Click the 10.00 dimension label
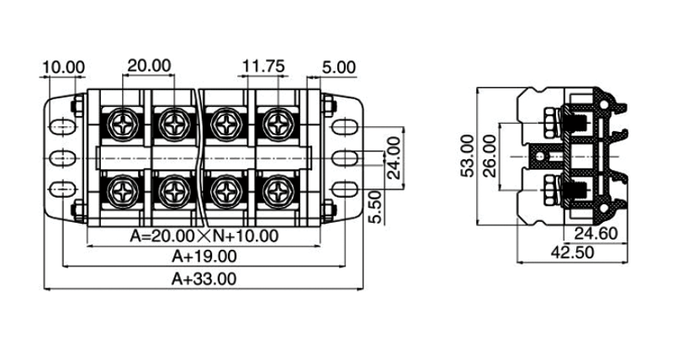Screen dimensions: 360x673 tap(63, 66)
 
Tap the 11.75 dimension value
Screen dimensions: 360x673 tap(263, 66)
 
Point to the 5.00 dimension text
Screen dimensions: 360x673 tap(338, 66)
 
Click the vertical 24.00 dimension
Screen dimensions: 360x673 tap(393, 157)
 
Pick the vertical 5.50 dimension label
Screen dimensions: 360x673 tap(376, 206)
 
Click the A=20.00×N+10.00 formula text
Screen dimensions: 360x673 tap(204, 236)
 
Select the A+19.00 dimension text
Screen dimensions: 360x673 tap(204, 257)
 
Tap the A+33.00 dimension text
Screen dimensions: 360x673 tap(204, 278)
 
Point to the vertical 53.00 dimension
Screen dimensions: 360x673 tap(469, 156)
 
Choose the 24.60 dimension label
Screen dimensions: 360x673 tap(596, 234)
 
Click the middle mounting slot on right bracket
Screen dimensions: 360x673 tap(342, 157)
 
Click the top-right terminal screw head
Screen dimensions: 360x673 tap(276, 124)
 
